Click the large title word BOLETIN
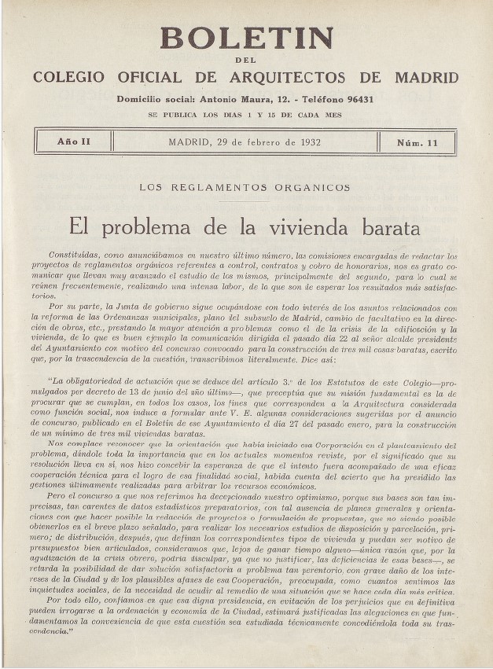(247, 38)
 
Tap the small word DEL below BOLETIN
(246, 61)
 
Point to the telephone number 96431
(356, 100)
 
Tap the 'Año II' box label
(73, 142)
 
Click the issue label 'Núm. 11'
(418, 143)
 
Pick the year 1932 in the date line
(307, 142)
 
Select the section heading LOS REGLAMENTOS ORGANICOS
(245, 188)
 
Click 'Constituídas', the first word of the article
(74, 255)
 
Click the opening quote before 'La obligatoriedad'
(50, 380)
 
